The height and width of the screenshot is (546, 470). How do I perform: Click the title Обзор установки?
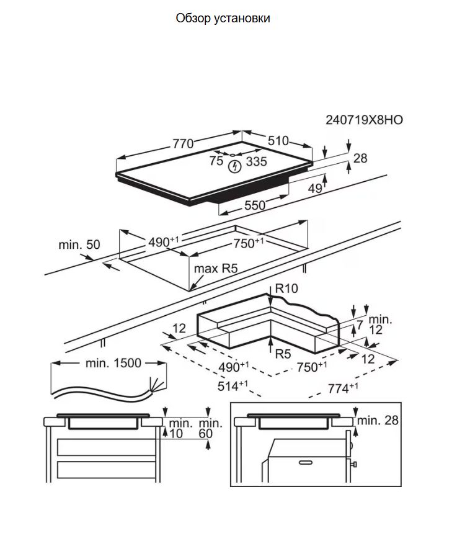(223, 18)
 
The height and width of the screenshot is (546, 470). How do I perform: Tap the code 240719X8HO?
(364, 120)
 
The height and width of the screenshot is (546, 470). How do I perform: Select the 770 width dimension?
(183, 144)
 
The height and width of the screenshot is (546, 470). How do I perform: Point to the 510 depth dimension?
(278, 141)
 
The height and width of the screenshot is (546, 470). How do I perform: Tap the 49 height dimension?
(315, 188)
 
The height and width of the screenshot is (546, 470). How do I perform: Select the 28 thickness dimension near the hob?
(360, 158)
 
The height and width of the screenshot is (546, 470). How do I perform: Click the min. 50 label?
(79, 244)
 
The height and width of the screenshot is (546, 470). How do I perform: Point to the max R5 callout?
(216, 269)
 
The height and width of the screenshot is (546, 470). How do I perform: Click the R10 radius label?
(286, 289)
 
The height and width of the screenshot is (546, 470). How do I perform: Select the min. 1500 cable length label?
(113, 363)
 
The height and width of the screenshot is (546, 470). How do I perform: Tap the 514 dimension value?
(233, 386)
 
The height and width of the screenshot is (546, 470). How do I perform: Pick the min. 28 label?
(378, 420)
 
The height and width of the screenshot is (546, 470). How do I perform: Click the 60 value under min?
(206, 434)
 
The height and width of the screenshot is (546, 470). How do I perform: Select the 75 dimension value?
(216, 161)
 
